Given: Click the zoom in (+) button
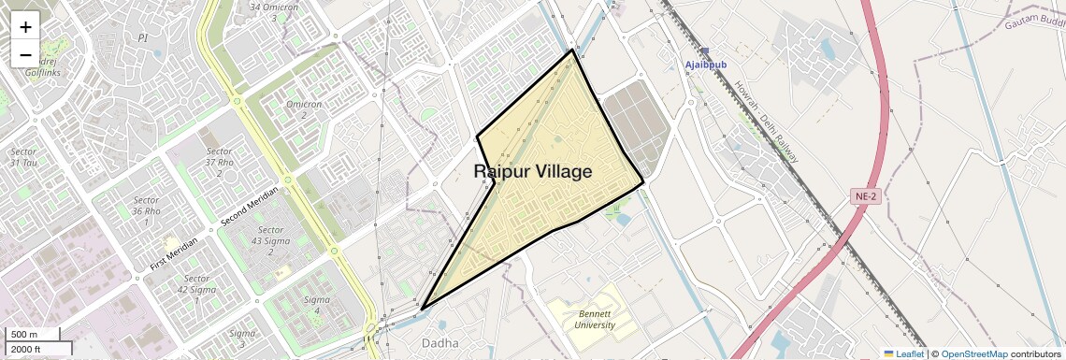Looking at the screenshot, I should [x=25, y=27].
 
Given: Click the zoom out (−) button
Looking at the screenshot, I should [x=25, y=55].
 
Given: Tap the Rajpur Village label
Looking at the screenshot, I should [x=533, y=172].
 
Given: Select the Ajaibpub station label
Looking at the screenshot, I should [x=706, y=65].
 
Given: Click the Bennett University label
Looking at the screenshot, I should [x=595, y=320].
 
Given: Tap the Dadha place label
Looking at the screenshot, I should [x=440, y=342].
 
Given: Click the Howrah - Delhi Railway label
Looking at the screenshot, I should [x=766, y=120].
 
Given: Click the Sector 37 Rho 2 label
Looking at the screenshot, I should [x=219, y=162].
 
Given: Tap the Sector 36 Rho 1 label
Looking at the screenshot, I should [x=146, y=210].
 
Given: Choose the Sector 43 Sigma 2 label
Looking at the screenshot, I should [x=270, y=240].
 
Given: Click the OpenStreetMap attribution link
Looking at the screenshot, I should [x=973, y=353].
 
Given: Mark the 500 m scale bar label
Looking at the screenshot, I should [x=25, y=335].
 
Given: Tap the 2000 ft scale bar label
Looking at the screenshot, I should [x=26, y=349].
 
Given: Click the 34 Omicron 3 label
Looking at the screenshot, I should [x=274, y=11].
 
